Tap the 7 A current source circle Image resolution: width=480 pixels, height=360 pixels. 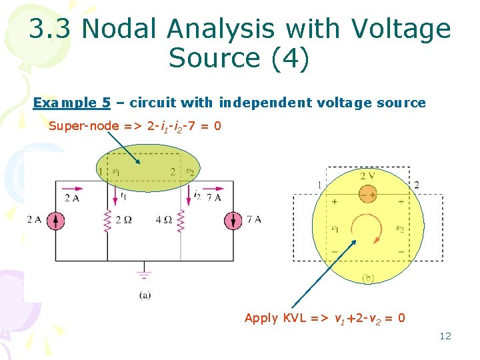pos(233,219)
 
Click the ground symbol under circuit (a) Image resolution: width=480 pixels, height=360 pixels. pos(144,273)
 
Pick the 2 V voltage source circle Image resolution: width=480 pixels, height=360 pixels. pos(367,194)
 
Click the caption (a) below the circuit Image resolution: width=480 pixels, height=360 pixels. pos(145,295)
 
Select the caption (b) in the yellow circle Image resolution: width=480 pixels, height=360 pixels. pos(367,278)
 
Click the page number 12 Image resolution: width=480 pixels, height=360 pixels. pos(445,336)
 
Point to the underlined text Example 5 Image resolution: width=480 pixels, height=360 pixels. pos(72,103)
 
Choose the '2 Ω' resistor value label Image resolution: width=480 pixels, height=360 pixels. pos(124,219)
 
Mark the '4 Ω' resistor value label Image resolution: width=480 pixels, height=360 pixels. pos(163,219)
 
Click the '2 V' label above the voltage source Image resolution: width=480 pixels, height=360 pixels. pos(367,177)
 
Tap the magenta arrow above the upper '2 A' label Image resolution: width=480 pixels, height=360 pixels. pos(73,187)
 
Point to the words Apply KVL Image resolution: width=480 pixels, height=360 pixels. pos(271,318)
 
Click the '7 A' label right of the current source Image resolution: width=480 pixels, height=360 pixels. pos(253,219)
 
